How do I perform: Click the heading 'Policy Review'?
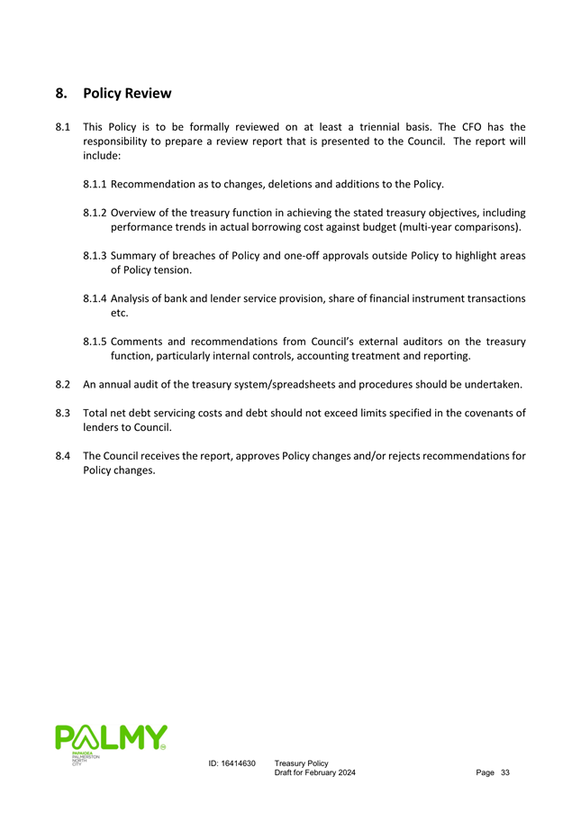(126, 93)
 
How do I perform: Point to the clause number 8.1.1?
(95, 184)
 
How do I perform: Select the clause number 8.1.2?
(95, 213)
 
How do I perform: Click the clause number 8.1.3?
(95, 256)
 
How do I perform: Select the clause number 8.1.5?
(95, 342)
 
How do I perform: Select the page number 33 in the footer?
(505, 773)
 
